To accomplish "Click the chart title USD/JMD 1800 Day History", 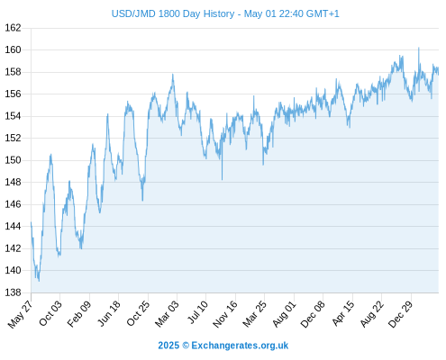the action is (173, 13).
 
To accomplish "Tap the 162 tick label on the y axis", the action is (13, 28).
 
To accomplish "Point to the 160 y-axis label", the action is (13, 49).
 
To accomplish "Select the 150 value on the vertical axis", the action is (13, 160).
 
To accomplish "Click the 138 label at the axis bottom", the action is (13, 292).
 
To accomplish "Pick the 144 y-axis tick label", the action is (13, 226).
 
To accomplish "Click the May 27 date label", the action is (21, 314).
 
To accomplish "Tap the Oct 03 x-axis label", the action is (50, 313).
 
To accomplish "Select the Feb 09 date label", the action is (79, 313).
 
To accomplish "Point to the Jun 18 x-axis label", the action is (109, 313).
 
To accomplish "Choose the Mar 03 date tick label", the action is (167, 313).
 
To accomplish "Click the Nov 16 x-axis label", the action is (225, 314).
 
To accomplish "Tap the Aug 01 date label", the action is (284, 313).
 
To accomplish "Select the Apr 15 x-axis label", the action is (343, 313).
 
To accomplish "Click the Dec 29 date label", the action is (401, 313).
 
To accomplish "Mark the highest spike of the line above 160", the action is (419, 48).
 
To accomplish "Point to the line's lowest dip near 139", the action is (39, 281).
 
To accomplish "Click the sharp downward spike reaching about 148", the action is (222, 179).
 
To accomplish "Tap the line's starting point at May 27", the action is (32, 222).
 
